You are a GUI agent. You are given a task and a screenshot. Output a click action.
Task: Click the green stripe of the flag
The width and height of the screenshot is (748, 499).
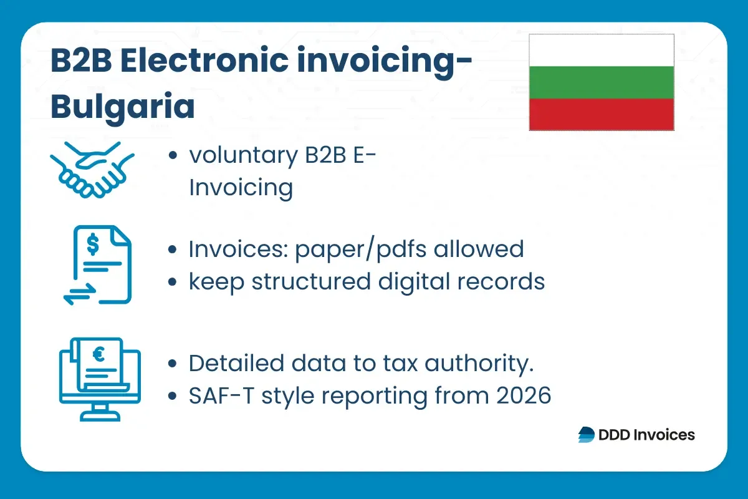(x=601, y=82)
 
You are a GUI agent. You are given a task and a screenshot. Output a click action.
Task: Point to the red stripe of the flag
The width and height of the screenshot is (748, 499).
(x=601, y=114)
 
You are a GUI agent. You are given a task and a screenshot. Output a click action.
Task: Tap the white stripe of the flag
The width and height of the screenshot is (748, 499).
(x=601, y=51)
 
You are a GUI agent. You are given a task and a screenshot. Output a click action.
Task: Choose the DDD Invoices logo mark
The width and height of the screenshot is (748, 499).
(x=587, y=435)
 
